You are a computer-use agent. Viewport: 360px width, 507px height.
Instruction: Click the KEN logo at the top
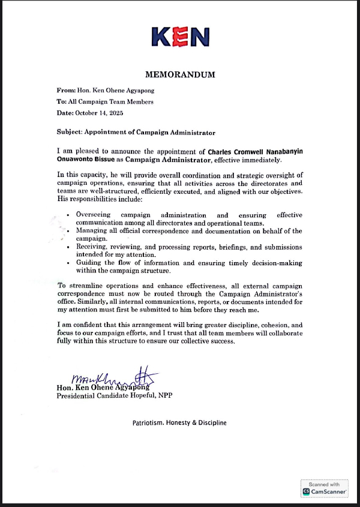pos(180,37)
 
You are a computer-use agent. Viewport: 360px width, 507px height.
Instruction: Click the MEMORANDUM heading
pos(179,75)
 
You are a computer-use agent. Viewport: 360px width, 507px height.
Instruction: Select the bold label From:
pos(66,91)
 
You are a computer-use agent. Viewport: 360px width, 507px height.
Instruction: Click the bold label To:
pos(62,102)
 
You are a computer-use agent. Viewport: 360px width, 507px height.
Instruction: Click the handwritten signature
pos(114,378)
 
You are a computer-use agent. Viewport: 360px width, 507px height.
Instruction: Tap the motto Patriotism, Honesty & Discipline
pos(179,423)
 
